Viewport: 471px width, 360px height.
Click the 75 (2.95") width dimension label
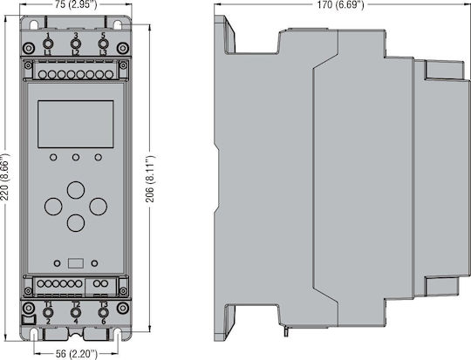(76, 5)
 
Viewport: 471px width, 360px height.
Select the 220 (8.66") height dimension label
(5, 177)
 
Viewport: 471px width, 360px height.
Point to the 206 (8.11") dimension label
(150, 179)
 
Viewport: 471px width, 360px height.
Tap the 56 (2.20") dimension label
(77, 353)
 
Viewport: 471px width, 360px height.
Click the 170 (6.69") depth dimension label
(341, 4)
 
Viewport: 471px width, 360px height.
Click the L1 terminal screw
(47, 44)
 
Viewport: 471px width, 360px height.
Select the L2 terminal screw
(75, 44)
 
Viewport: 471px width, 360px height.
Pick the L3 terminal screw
(103, 44)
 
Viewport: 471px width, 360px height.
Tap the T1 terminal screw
(48, 313)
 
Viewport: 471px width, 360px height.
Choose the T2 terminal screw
(75, 313)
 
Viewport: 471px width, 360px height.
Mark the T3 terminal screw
(103, 313)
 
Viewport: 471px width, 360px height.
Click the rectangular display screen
(76, 124)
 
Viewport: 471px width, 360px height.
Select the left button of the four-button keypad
(53, 207)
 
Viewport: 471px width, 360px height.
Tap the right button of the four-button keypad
(99, 207)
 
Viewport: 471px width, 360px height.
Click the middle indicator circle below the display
(76, 157)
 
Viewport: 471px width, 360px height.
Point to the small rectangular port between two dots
(76, 263)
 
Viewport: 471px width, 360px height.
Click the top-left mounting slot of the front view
(34, 24)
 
